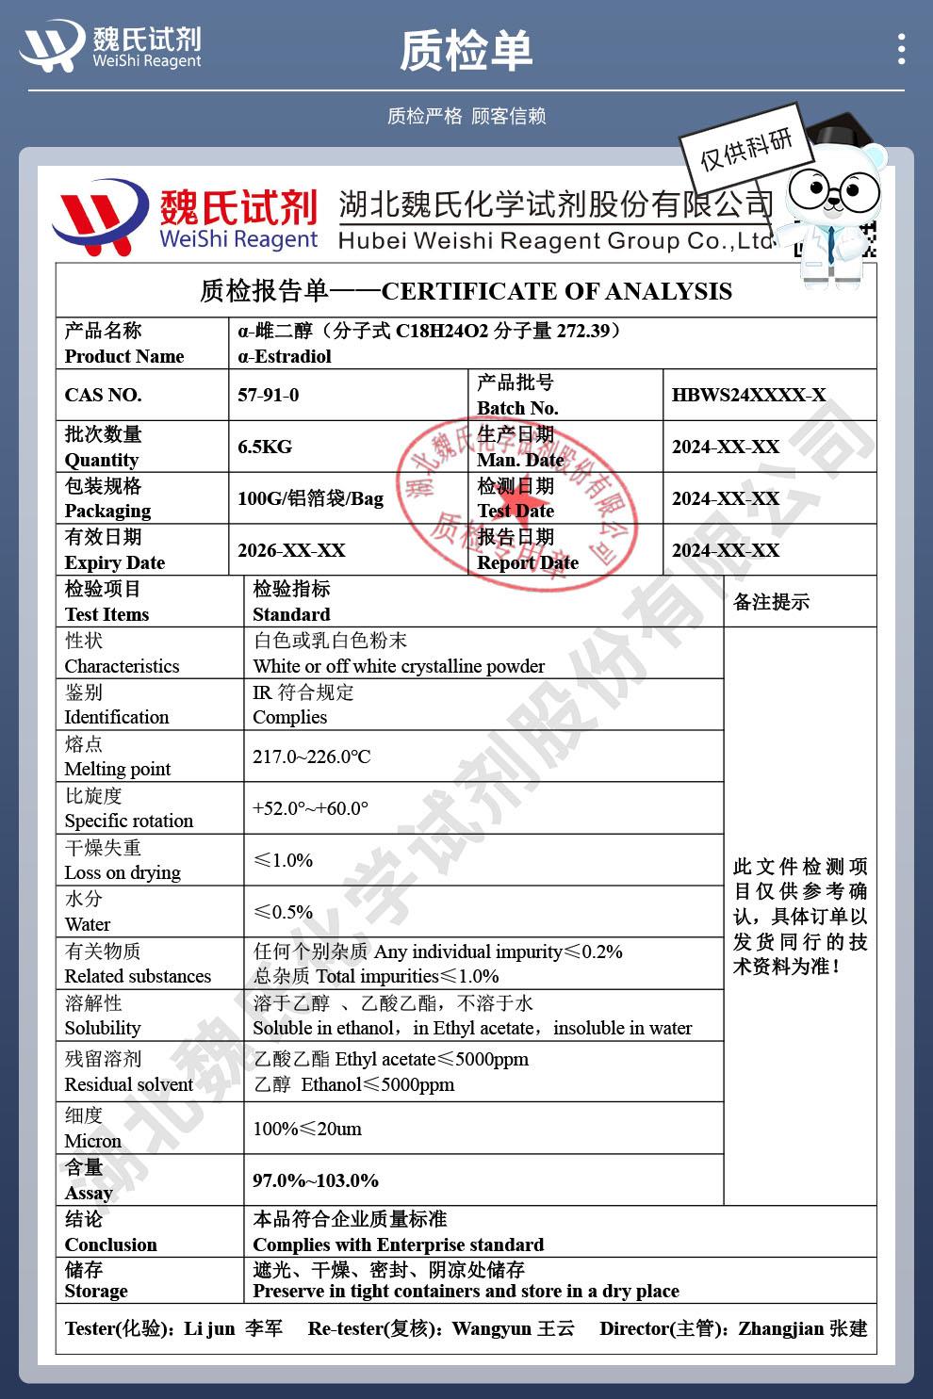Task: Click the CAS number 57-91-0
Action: coord(269,395)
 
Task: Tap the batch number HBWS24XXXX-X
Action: coord(748,395)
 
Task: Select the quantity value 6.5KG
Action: coord(265,447)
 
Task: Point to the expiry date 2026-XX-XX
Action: coord(291,550)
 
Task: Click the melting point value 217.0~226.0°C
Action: coord(312,756)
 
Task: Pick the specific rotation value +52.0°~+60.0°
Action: coord(310,808)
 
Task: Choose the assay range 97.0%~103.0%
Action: coord(316,1180)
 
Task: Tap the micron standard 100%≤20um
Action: coord(307,1129)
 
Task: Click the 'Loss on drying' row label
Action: coord(123,872)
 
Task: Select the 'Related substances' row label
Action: coord(138,976)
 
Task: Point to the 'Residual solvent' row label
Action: coord(128,1084)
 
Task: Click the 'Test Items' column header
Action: coord(106,614)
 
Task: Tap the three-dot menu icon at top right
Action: coord(902,49)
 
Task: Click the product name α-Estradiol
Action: coord(285,356)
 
